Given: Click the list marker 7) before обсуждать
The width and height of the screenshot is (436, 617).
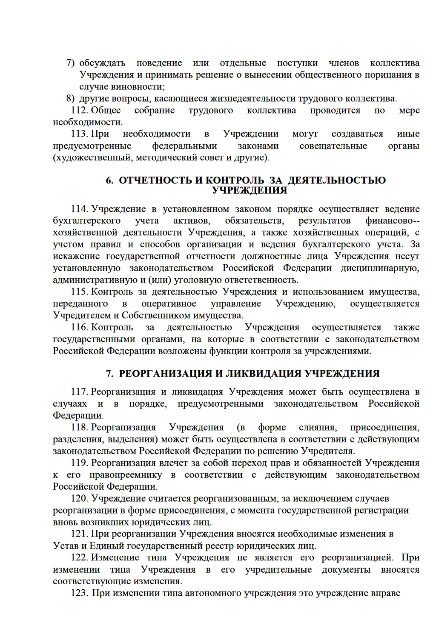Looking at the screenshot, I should point(70,63).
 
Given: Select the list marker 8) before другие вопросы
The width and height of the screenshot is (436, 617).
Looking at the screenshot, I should point(70,99).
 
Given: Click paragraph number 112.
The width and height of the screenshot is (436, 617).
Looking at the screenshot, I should point(79,111).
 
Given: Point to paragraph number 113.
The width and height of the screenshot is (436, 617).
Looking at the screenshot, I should point(79,134).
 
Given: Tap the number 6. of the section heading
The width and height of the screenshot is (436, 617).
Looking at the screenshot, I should point(110,180).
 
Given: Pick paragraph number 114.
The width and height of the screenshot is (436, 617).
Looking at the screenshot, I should point(79,209).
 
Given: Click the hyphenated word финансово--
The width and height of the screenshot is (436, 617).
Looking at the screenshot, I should point(392,221).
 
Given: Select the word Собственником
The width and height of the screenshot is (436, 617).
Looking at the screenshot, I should point(156,316).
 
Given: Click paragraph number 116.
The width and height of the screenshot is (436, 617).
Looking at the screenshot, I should point(79,328).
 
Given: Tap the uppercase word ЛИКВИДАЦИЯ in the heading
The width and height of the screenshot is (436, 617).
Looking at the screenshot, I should point(263,374).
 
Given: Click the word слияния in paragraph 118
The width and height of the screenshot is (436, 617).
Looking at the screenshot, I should point(318,428).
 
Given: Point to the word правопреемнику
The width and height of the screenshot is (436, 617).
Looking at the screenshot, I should point(126,475).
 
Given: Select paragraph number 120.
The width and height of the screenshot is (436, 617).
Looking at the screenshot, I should point(79,499).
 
